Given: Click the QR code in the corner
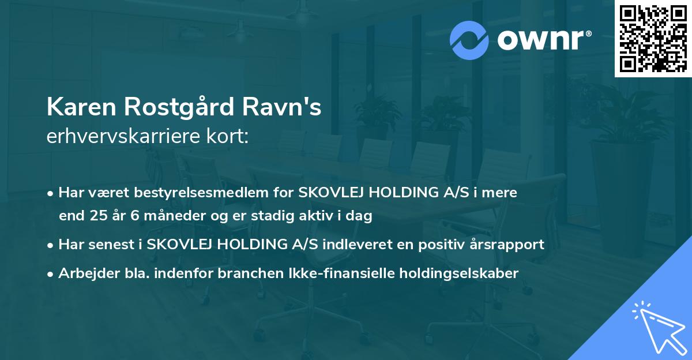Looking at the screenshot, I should pyautogui.click(x=653, y=38).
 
